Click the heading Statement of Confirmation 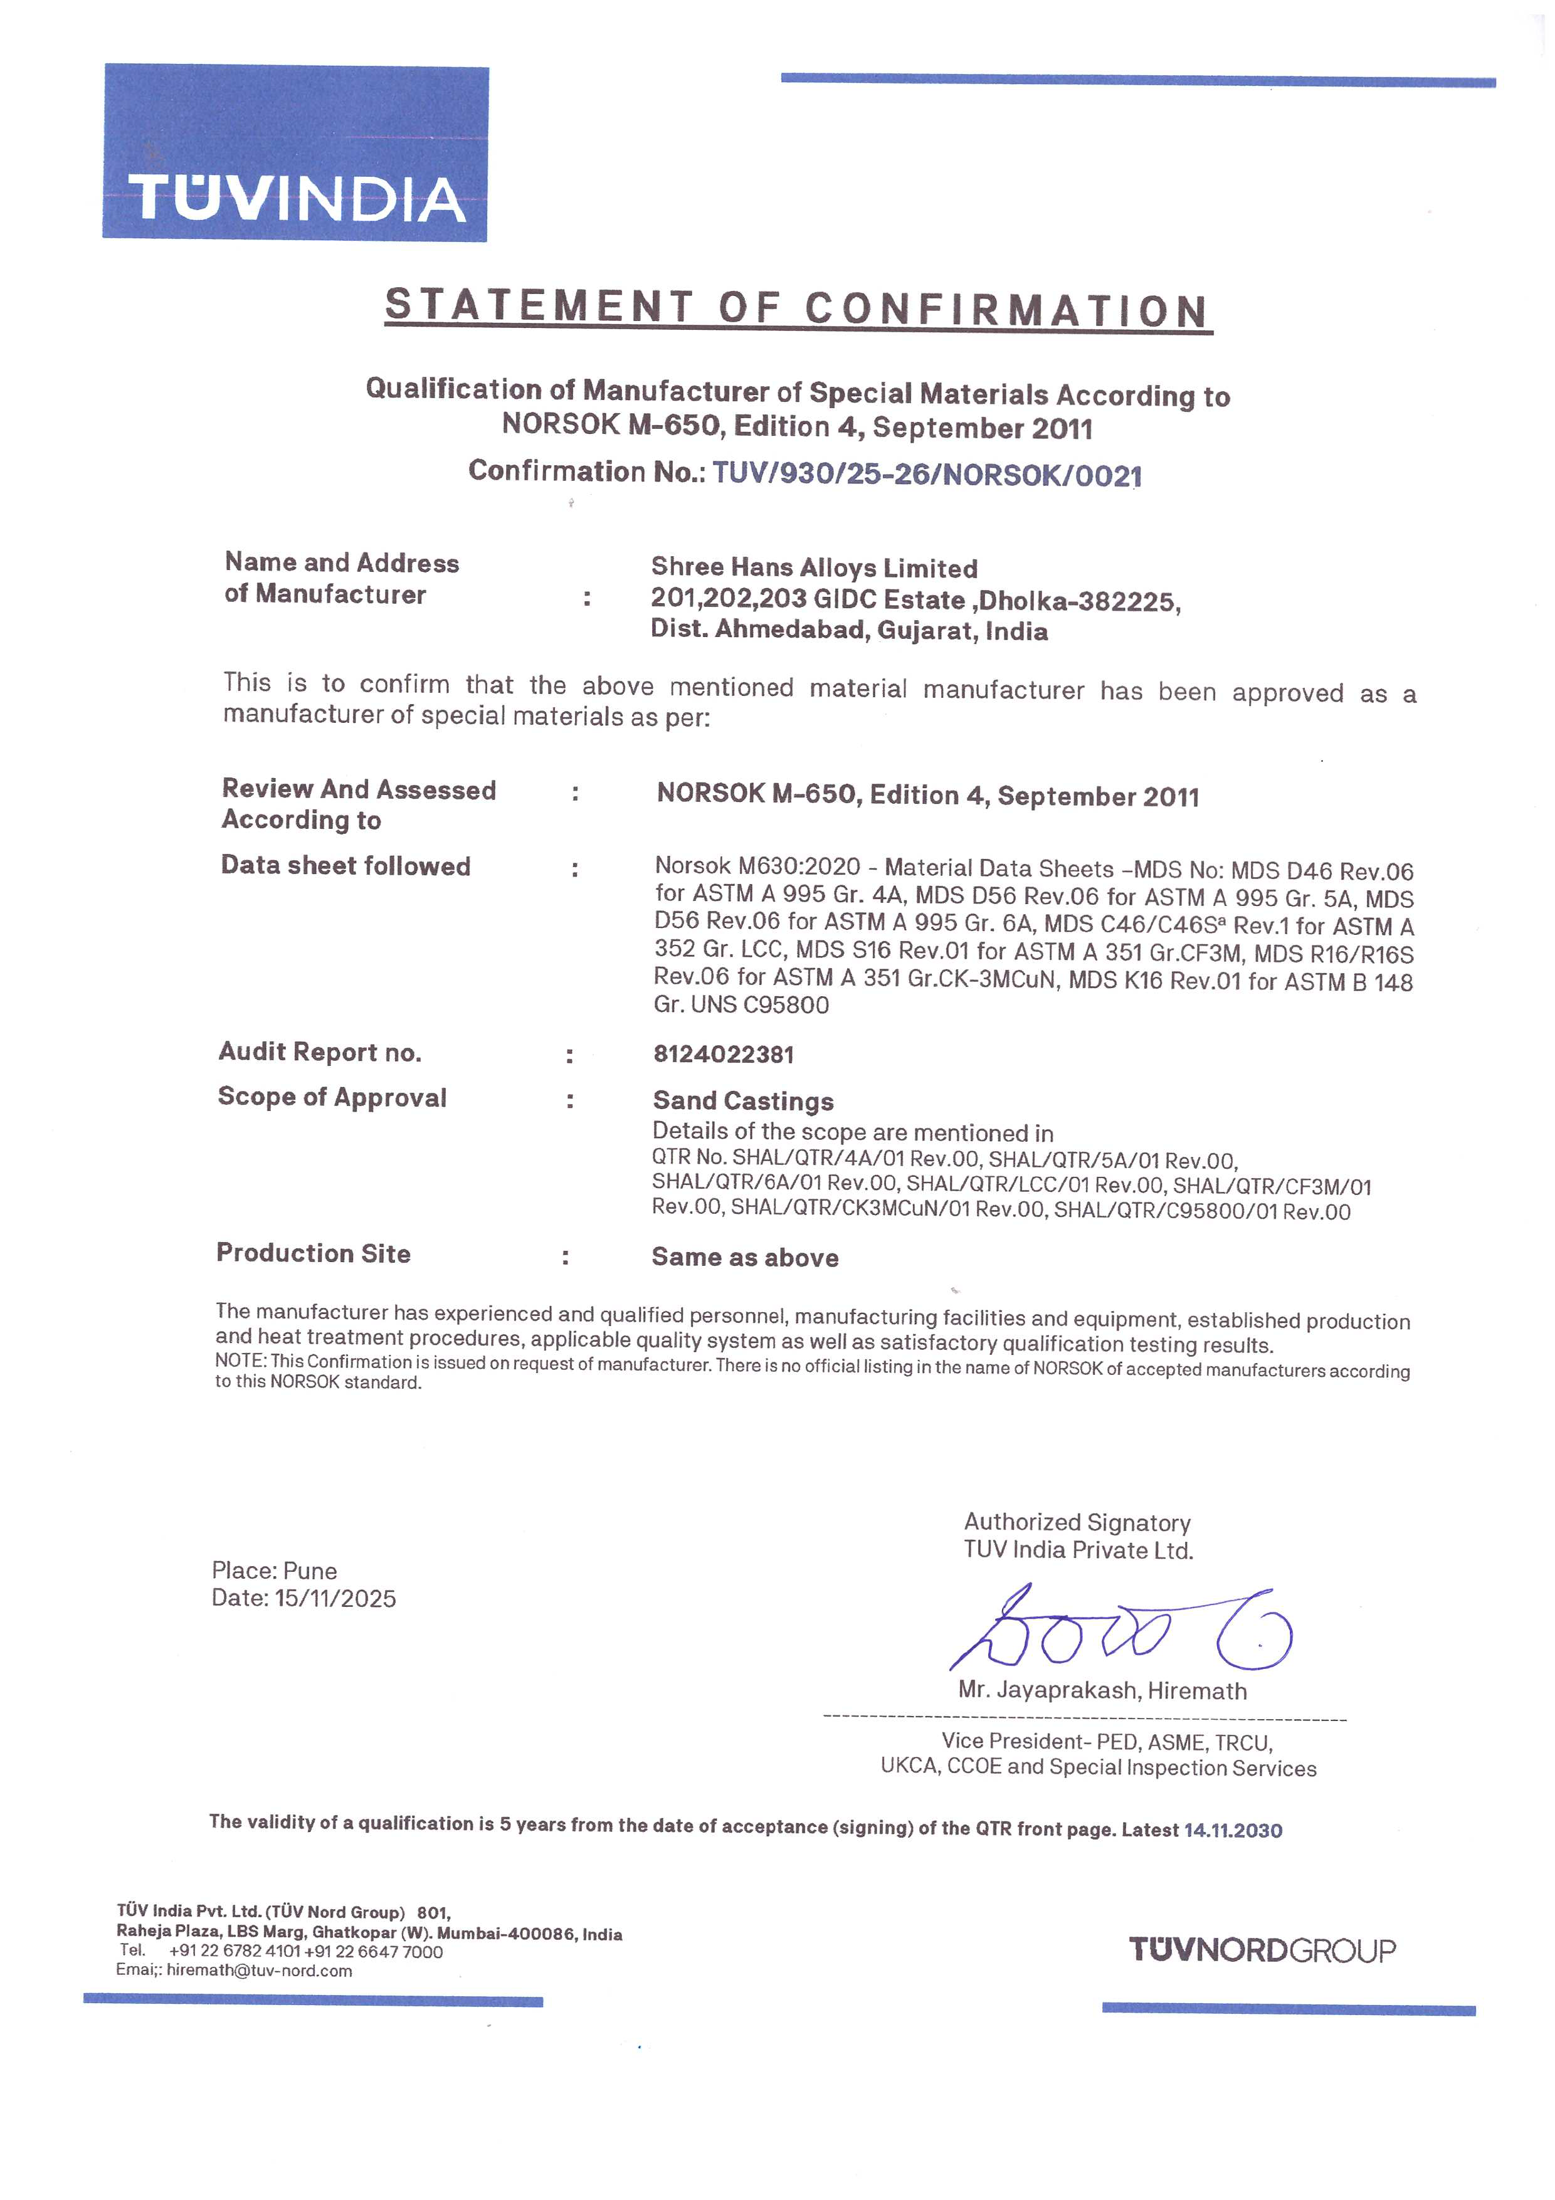[x=797, y=308]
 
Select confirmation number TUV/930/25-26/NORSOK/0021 [x=927, y=475]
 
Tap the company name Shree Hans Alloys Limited [x=813, y=568]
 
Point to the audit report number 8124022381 [x=724, y=1054]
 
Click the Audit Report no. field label [x=320, y=1052]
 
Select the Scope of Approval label [x=332, y=1097]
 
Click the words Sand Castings [x=742, y=1101]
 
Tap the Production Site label [x=314, y=1253]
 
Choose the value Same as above [x=744, y=1257]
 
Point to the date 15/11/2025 [x=335, y=1598]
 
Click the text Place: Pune [x=274, y=1571]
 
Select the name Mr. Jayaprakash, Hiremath [x=1102, y=1690]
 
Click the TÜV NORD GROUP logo [x=1261, y=1949]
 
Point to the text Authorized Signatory [x=1077, y=1522]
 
